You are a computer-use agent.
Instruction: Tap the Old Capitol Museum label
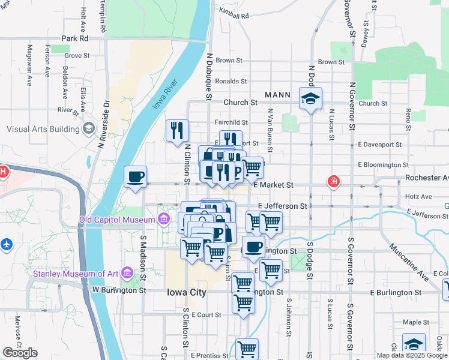(117, 220)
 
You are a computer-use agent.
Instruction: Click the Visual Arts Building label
(43, 129)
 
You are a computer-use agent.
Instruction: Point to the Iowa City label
(186, 293)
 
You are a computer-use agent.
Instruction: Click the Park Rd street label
(74, 38)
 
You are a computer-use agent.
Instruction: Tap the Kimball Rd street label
(234, 13)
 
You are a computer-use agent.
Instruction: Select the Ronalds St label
(231, 81)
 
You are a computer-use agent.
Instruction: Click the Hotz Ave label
(418, 196)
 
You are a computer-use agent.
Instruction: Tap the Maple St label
(415, 322)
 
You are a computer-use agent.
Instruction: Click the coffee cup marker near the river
(135, 177)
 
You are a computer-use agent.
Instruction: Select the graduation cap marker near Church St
(310, 99)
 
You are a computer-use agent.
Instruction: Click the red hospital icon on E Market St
(333, 181)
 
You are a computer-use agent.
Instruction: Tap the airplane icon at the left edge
(6, 245)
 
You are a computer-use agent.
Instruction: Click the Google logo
(20, 353)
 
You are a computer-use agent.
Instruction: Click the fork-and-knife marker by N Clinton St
(177, 131)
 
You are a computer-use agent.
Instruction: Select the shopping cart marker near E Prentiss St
(247, 349)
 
